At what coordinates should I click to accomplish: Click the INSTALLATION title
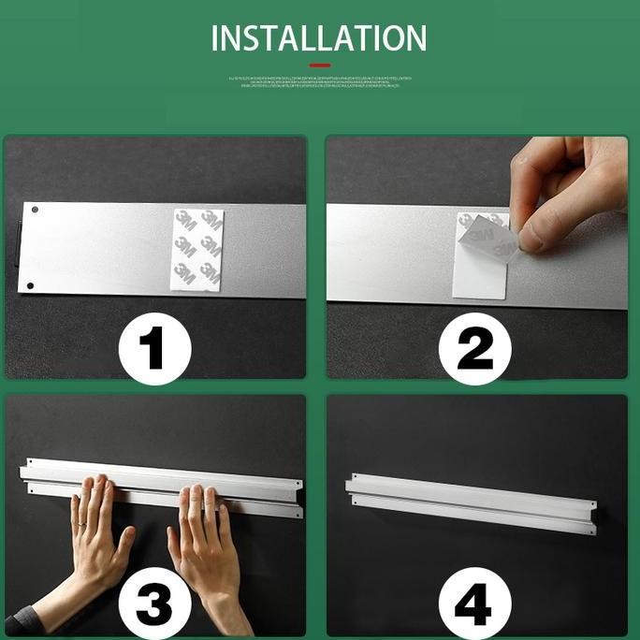(319, 38)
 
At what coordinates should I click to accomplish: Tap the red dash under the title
(320, 65)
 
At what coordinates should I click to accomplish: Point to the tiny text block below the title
(320, 81)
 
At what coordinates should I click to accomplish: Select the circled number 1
(154, 348)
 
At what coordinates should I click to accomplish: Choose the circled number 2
(474, 348)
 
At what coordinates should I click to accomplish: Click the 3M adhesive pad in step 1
(198, 250)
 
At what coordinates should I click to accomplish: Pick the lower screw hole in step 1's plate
(30, 285)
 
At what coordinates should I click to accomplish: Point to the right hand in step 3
(201, 543)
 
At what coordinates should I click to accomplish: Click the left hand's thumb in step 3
(124, 543)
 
